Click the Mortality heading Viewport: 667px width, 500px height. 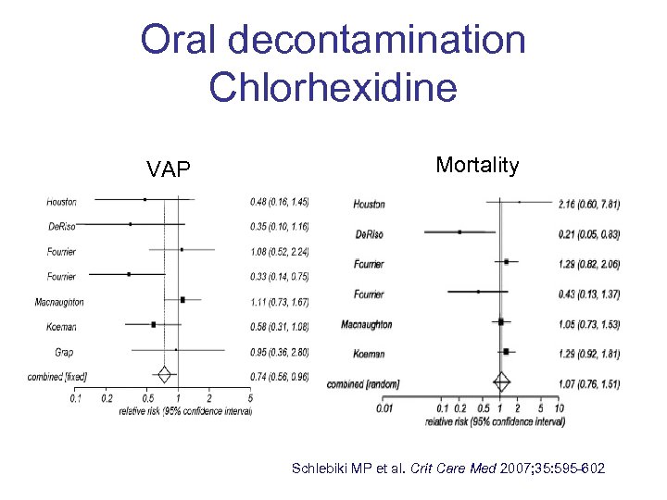pos(477,165)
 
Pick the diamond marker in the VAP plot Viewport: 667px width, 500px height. pos(164,375)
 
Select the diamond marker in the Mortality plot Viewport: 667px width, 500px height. pos(501,381)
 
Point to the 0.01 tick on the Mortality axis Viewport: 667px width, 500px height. pos(385,407)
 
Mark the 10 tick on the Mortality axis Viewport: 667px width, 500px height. pos(558,407)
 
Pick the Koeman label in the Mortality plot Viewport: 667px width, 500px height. pos(368,353)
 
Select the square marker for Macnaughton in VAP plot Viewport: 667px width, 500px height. pos(183,300)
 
